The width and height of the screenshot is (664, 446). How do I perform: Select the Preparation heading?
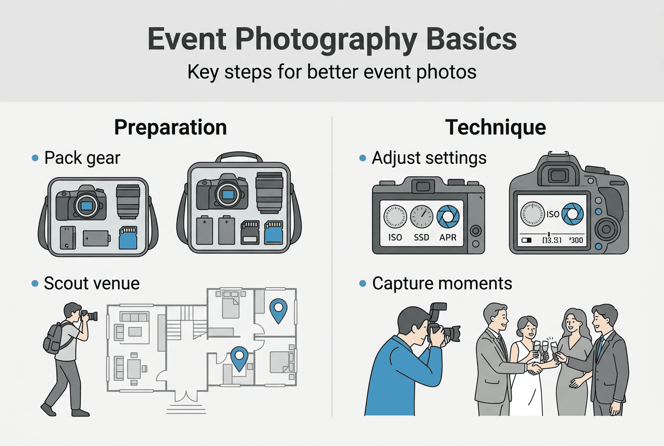point(170,128)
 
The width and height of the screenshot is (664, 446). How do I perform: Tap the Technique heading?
point(495,128)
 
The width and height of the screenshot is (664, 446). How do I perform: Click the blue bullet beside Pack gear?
point(35,158)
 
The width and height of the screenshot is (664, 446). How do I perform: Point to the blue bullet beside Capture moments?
point(362,283)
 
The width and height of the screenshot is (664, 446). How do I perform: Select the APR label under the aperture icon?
point(448,237)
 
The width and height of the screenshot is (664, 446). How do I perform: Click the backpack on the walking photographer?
point(54,337)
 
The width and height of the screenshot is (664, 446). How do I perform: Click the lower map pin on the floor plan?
point(240,359)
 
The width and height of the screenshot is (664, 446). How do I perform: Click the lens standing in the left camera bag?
point(128,201)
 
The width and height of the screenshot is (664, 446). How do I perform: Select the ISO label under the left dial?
point(395,237)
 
